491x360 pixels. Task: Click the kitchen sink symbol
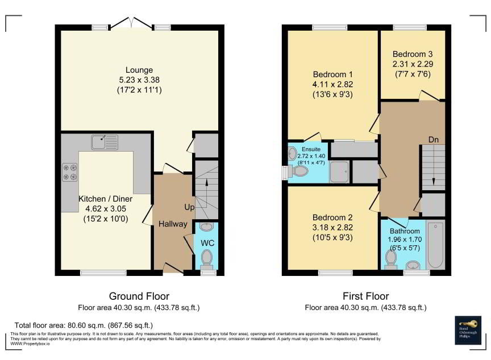104,141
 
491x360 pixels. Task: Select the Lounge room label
139,70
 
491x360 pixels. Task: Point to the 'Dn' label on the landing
433,140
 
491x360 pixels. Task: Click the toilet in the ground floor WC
207,259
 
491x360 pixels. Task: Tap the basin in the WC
207,228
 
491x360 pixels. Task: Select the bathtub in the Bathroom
435,245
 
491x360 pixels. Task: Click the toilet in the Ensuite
299,171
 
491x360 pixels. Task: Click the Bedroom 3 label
412,55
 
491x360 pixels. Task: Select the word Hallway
173,224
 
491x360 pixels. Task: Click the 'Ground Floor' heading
139,296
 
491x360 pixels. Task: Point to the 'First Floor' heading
365,296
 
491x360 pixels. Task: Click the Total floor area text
83,325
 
